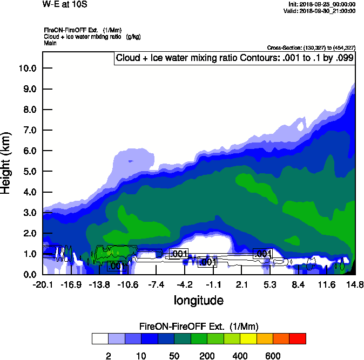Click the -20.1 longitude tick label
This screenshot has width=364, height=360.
point(43,284)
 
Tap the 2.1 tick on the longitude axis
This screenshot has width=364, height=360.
point(241,284)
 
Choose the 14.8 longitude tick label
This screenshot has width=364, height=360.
point(354,284)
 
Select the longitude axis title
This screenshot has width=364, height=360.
point(198,299)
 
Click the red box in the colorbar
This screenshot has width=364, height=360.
point(297,339)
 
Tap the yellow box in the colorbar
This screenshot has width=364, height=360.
point(248,339)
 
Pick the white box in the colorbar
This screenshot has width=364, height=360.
point(100,339)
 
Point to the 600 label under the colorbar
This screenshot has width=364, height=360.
point(272,356)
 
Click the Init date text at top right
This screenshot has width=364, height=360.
point(322,4)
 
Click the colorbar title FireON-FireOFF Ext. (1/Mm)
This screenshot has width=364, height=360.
point(198,327)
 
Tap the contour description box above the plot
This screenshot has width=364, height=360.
point(234,58)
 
